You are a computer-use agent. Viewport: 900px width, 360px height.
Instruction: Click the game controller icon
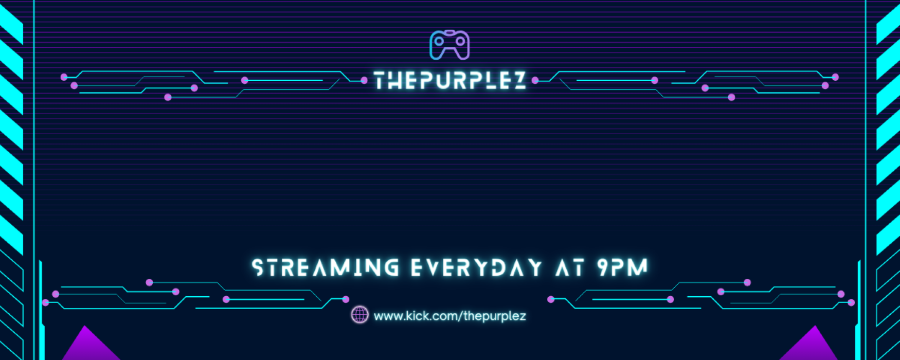[x=449, y=45]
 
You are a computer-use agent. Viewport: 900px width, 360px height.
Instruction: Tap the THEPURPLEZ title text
[x=450, y=81]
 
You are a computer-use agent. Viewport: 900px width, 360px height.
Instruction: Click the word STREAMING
[x=326, y=267]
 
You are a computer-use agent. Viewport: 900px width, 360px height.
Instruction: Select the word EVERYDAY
[x=476, y=267]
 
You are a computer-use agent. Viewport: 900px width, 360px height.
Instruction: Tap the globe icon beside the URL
[x=359, y=315]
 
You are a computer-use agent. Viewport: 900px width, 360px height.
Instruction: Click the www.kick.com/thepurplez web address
[x=449, y=316]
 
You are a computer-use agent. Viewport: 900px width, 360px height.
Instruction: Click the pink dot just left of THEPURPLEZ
[x=364, y=80]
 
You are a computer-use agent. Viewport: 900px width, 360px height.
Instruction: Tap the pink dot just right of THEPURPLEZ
[x=535, y=80]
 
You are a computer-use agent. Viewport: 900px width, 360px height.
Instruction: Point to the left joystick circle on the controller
[x=439, y=41]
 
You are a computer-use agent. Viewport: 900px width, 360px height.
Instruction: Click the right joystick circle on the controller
[x=460, y=41]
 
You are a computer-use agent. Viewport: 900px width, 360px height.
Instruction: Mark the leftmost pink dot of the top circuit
[x=64, y=77]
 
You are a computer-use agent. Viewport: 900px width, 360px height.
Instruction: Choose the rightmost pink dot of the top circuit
[x=835, y=77]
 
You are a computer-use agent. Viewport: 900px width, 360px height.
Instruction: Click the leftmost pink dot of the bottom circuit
[x=46, y=302]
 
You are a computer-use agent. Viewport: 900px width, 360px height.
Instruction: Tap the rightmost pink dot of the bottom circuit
[x=851, y=302]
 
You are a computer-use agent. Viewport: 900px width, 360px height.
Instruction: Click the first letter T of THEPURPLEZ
[x=381, y=81]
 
